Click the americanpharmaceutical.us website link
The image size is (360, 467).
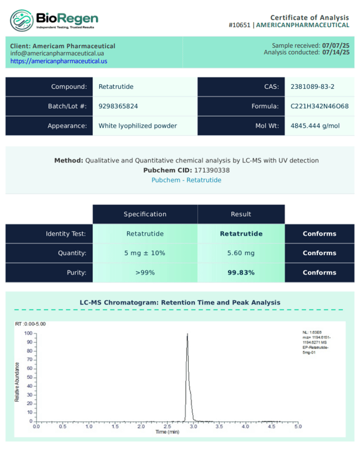click(59, 61)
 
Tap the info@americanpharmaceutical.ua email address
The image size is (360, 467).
click(57, 53)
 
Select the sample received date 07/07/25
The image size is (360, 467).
click(336, 45)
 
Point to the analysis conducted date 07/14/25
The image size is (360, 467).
click(336, 53)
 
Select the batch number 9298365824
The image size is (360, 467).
click(118, 106)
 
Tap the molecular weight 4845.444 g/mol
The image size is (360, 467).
click(315, 126)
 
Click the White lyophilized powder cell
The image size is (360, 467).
click(138, 126)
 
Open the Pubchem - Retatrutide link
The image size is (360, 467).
click(186, 180)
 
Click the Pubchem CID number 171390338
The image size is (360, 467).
click(211, 170)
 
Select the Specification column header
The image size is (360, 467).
click(145, 214)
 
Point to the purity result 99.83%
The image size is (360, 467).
click(241, 272)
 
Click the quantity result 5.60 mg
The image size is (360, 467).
click(241, 253)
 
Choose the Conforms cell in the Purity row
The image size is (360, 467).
click(319, 272)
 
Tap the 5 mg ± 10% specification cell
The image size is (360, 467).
click(145, 253)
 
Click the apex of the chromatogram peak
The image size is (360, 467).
click(187, 334)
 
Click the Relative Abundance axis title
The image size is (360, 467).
click(17, 381)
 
